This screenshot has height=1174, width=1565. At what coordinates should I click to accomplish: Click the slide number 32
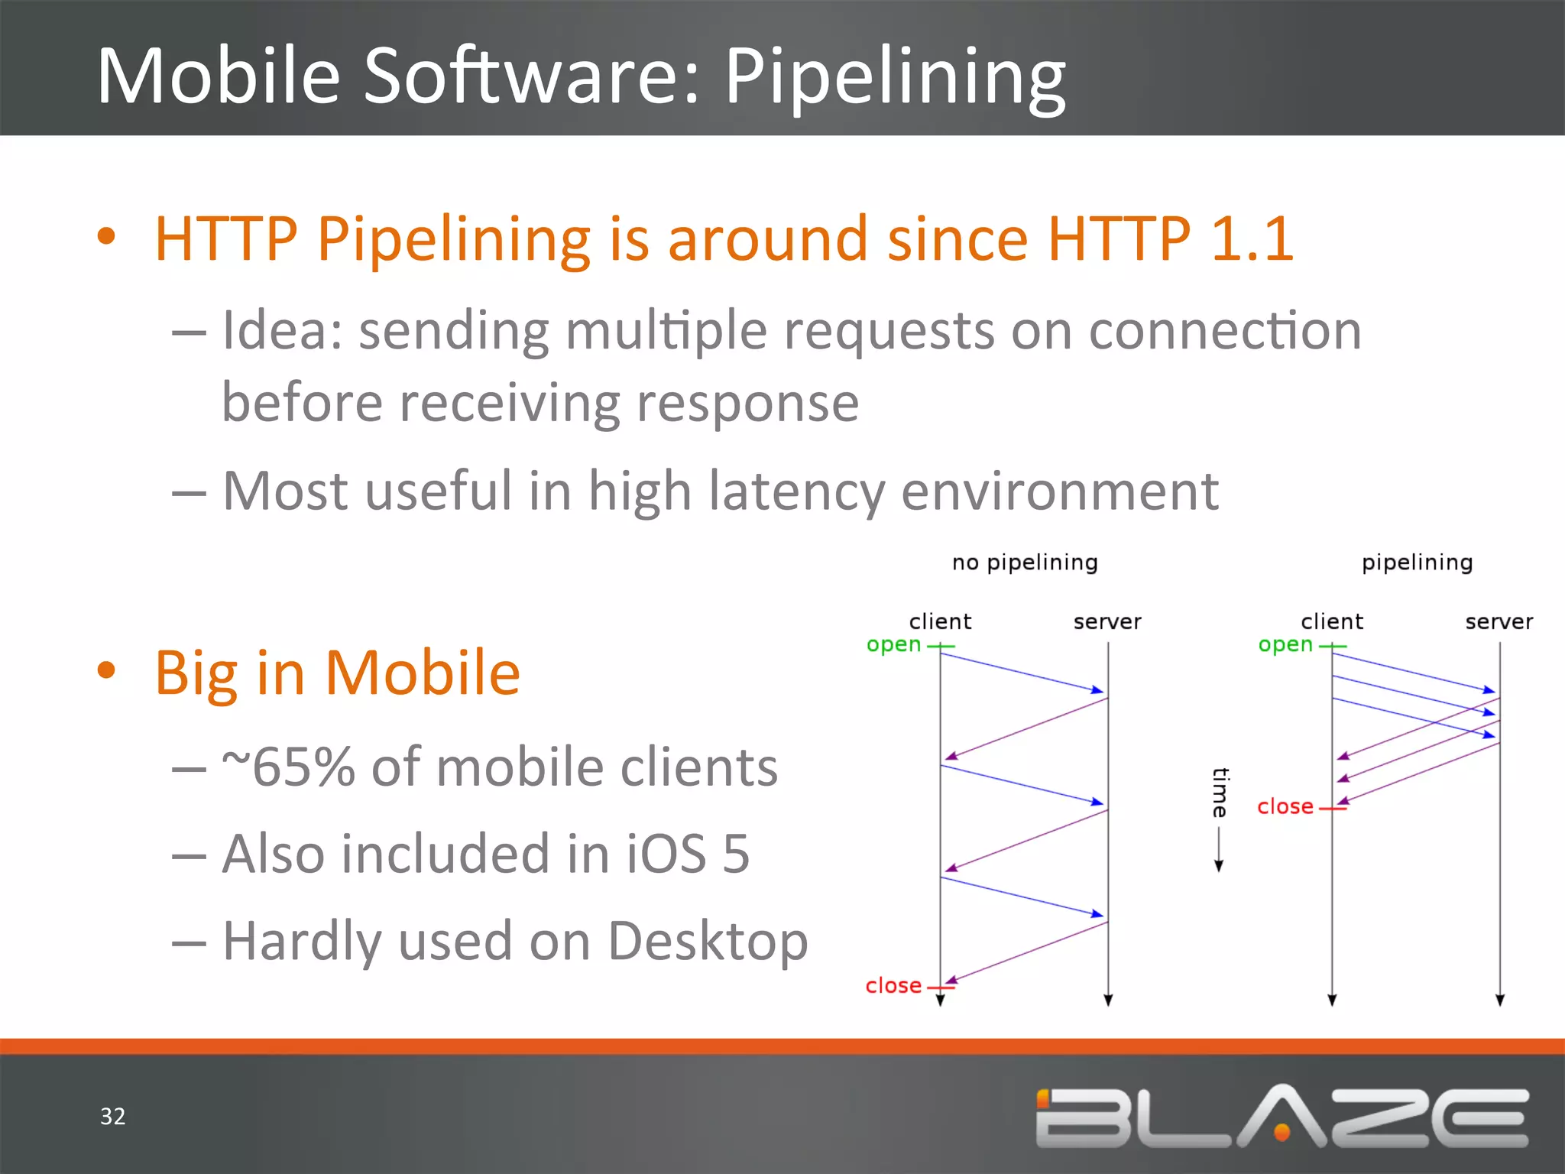click(x=112, y=1116)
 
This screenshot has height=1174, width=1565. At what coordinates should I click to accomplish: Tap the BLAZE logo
click(x=1281, y=1117)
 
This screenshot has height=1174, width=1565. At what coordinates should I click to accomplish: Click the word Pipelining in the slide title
click(x=894, y=76)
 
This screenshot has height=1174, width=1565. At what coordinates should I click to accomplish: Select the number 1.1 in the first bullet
click(x=1252, y=238)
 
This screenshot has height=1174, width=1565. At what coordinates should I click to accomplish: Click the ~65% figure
click(x=288, y=767)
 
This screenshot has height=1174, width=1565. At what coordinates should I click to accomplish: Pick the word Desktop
click(x=708, y=941)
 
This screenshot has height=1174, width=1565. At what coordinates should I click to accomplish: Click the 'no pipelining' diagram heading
click(x=1024, y=563)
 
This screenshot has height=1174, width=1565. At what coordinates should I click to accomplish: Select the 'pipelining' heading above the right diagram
click(x=1417, y=563)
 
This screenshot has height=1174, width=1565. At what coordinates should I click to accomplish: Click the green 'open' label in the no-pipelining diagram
click(x=893, y=645)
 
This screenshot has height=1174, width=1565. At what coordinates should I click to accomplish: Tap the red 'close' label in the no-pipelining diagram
click(x=893, y=986)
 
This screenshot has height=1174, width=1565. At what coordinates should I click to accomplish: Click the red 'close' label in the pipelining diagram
click(x=1285, y=807)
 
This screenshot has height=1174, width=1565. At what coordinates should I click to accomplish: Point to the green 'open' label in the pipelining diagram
click(x=1285, y=645)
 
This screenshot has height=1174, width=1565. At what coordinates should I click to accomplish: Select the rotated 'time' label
click(x=1220, y=793)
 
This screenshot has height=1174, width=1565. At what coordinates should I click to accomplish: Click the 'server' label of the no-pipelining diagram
click(x=1107, y=621)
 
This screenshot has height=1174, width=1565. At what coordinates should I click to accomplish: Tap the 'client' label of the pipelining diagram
click(x=1331, y=621)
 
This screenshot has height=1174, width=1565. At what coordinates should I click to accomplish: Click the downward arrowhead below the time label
click(x=1219, y=866)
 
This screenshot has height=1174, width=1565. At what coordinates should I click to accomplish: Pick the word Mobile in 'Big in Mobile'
click(x=422, y=673)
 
